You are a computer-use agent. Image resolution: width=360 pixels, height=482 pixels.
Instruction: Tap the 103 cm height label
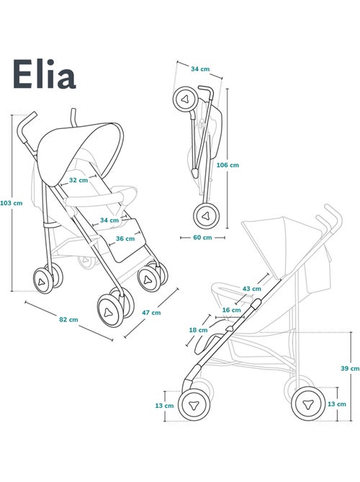(12, 202)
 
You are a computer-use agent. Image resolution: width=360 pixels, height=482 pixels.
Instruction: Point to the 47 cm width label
(151, 313)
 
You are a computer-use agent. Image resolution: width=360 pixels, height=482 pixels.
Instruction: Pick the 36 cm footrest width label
(124, 238)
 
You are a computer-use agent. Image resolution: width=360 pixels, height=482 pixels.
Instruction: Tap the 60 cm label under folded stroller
(202, 236)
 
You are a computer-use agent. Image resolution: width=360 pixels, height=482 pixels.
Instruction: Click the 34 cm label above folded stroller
(201, 68)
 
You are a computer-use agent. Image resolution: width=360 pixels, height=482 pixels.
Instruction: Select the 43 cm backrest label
(251, 288)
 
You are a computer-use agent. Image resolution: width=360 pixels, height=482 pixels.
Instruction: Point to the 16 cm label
(231, 310)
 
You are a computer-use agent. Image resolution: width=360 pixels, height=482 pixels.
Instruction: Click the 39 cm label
(350, 368)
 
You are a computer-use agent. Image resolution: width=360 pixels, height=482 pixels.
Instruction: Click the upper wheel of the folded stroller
(185, 99)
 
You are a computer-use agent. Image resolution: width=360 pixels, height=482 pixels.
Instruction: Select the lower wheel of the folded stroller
(205, 215)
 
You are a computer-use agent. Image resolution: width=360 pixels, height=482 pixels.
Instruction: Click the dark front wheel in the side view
(194, 405)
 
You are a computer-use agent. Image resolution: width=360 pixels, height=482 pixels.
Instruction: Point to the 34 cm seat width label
(109, 220)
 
